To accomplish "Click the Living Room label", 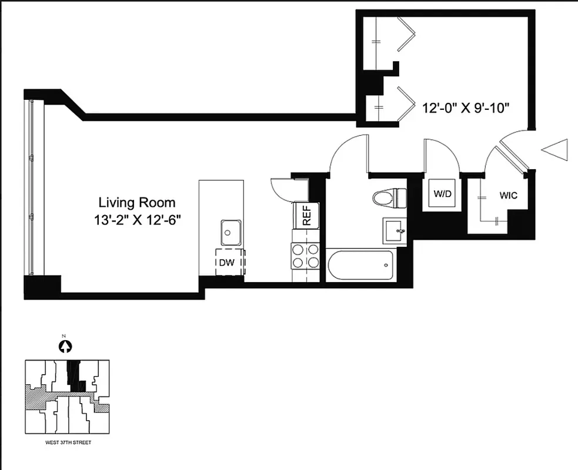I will pos(136,203).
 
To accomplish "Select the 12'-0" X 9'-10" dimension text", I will pos(465,109).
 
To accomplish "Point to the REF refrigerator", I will pos(306,216).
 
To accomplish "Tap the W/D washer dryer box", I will pos(442,194).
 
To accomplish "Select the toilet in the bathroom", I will pos(390,197).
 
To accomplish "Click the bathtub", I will pos(361,266).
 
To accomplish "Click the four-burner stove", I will pos(306,256).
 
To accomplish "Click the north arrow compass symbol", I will pos(65,347).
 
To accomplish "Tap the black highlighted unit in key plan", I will pos(75,377).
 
